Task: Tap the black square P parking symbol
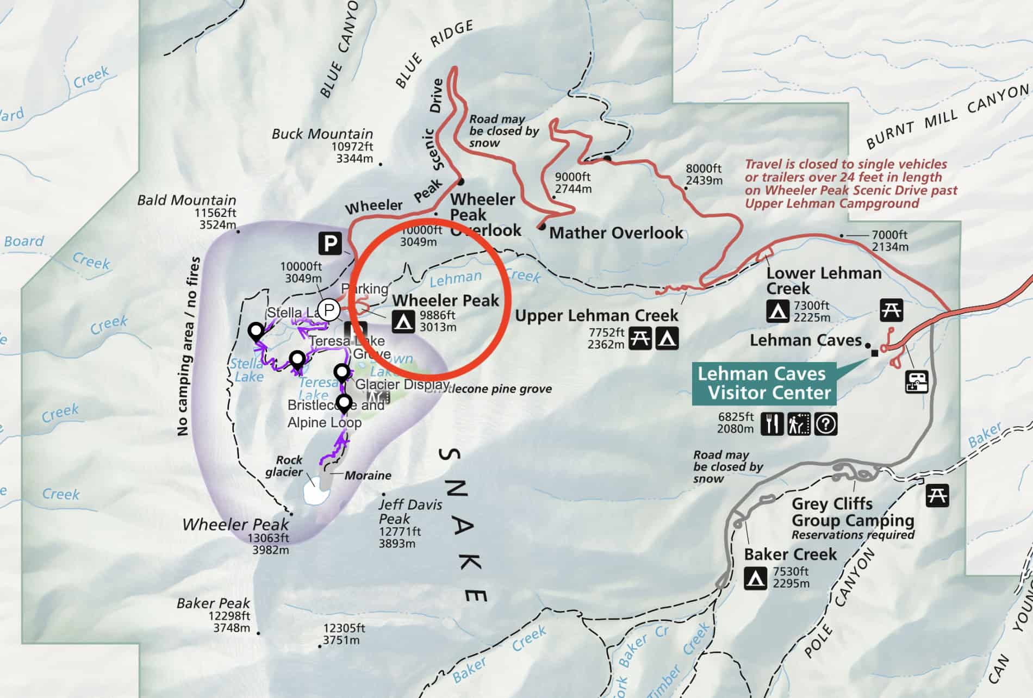(x=330, y=243)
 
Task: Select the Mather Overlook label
(x=616, y=233)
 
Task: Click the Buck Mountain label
(x=322, y=134)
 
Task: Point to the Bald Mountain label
(x=186, y=200)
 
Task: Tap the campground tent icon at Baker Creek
(x=755, y=578)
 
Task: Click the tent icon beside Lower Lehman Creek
(x=778, y=311)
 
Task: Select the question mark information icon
(x=826, y=424)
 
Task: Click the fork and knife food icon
(x=772, y=424)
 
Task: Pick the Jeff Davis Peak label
(x=410, y=511)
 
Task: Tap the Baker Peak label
(x=213, y=603)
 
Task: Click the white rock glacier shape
(x=316, y=493)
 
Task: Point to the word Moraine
(x=368, y=476)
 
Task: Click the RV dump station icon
(x=917, y=382)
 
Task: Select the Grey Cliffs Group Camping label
(x=852, y=512)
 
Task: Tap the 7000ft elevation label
(x=889, y=235)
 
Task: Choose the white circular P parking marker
(x=328, y=310)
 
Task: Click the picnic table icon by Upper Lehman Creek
(x=640, y=339)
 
